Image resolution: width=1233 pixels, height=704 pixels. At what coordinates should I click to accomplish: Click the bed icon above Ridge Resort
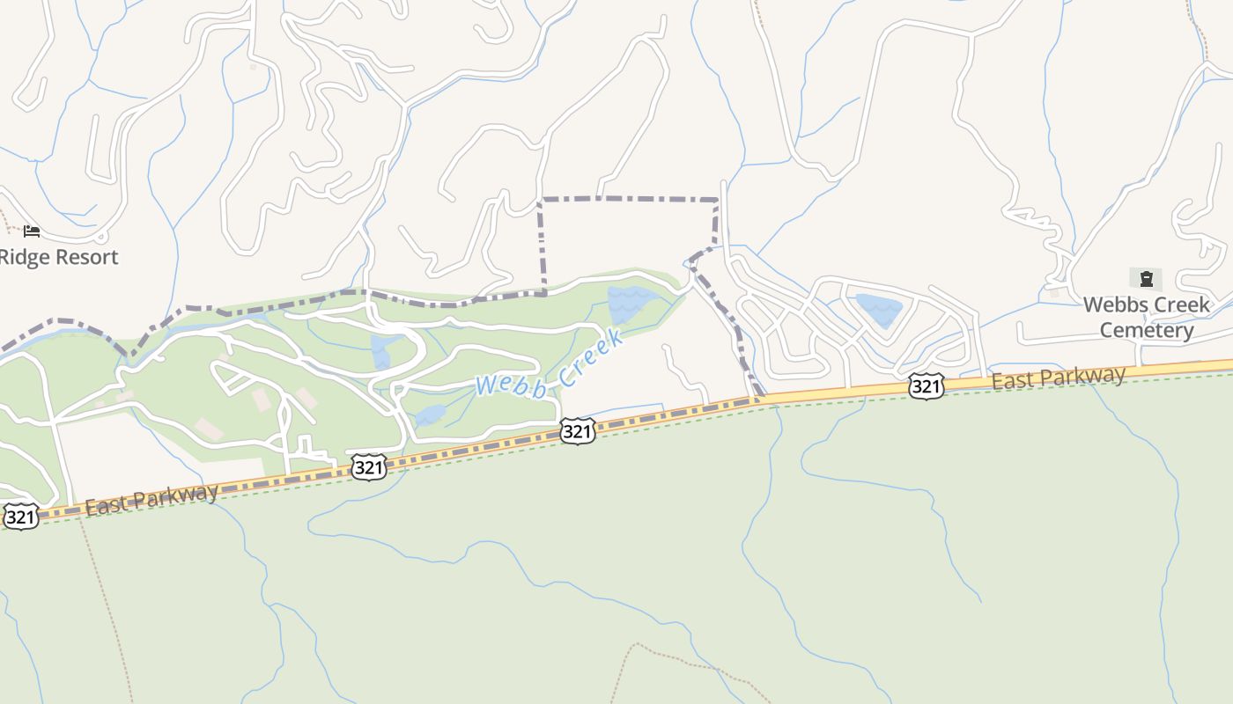coord(32,231)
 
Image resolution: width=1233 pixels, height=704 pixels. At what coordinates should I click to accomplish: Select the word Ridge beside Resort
coord(19,257)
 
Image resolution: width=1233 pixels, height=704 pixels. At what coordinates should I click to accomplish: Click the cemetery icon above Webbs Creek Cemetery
coord(1146,280)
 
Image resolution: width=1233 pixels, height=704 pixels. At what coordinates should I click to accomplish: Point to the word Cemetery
coord(1147,330)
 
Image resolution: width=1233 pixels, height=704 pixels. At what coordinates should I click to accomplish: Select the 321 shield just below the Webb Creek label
coord(577,430)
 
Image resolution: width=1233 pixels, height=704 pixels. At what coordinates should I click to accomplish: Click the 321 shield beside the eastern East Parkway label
coord(927,385)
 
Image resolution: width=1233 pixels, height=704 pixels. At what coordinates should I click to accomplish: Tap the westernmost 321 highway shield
coord(21,516)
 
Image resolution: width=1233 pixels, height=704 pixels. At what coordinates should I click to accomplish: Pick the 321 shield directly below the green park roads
coord(368,467)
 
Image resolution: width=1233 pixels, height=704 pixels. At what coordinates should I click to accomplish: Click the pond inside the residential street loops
coord(879,310)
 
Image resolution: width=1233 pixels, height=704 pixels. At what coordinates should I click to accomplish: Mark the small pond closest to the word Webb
coord(430,414)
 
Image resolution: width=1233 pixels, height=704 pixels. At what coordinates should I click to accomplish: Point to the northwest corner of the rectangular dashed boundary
coord(541,201)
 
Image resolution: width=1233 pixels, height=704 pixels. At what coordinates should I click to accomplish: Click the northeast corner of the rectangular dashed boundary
coord(717,201)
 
